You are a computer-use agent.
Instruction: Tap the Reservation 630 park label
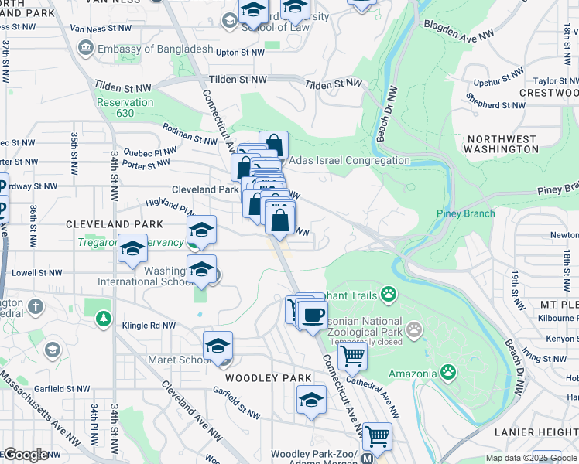[125, 107]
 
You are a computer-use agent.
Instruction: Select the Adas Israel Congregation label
[348, 160]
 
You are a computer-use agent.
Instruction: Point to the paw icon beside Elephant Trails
[388, 294]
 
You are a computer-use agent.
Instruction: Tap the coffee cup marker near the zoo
[313, 315]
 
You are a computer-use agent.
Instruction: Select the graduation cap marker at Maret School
[218, 347]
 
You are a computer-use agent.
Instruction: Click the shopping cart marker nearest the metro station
[377, 436]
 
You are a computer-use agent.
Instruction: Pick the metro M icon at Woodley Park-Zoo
[367, 458]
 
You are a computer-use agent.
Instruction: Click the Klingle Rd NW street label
[149, 326]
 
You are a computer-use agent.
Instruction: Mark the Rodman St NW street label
[190, 135]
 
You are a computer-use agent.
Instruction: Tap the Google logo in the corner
[26, 455]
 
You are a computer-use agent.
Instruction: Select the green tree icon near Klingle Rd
[103, 318]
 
